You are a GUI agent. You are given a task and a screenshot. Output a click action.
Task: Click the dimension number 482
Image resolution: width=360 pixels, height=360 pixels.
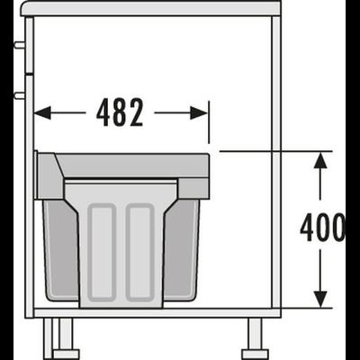click(120, 112)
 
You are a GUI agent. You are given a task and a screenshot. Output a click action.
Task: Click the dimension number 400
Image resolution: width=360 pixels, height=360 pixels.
click(323, 228)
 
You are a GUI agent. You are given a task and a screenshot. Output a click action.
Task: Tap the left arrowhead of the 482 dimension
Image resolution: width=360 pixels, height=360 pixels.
click(42, 113)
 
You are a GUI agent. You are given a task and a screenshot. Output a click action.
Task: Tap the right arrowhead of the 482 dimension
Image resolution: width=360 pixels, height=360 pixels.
click(199, 113)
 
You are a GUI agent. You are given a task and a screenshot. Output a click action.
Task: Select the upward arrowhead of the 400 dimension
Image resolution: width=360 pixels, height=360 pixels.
click(320, 160)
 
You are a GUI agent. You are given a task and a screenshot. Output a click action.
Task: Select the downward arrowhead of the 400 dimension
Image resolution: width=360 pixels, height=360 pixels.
click(320, 299)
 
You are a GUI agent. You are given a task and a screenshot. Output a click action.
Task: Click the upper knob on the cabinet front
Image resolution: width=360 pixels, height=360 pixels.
click(20, 45)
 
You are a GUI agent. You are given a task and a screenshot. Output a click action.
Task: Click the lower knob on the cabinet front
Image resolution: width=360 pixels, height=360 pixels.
click(20, 95)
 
